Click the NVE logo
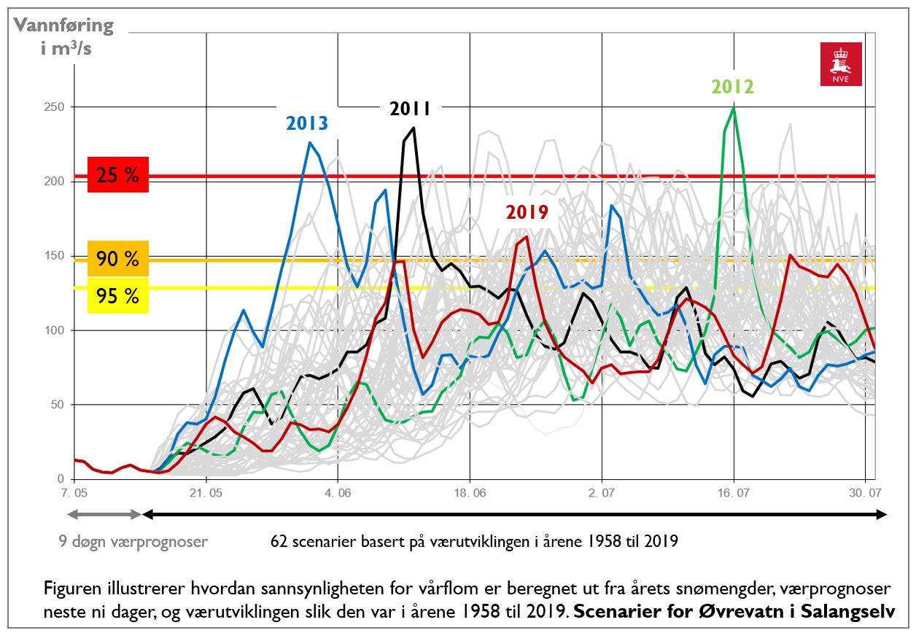pos(841,63)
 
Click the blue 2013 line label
pos(306,123)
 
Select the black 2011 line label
pos(410,109)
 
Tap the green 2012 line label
pos(732,87)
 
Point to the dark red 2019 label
pos(527,212)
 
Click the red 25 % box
pos(117,175)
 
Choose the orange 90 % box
pos(117,258)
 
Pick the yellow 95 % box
pos(117,295)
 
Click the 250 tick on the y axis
pos(54,107)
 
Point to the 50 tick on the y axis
pos(57,405)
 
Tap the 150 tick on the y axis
pos(54,256)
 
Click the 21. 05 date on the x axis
pos(206,492)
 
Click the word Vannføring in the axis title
pos(64,26)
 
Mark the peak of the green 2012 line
pos(733,108)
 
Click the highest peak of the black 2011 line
pos(414,128)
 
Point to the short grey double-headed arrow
pos(104,514)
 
